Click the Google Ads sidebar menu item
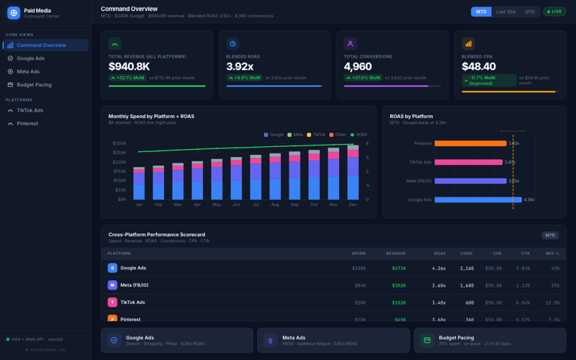point(30,58)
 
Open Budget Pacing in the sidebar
point(34,84)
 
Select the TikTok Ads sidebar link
point(30,110)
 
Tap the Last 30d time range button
point(505,12)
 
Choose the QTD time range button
point(530,12)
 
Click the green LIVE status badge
point(554,12)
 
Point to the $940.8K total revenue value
point(129,66)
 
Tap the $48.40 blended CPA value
point(478,66)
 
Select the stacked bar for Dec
point(353,173)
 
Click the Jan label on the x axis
point(139,205)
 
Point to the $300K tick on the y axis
point(119,143)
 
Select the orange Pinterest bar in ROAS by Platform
point(470,143)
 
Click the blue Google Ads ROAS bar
point(477,199)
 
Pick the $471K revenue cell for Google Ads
point(399,268)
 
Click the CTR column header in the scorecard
point(524,253)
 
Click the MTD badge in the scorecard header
point(549,235)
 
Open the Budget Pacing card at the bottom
point(490,340)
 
